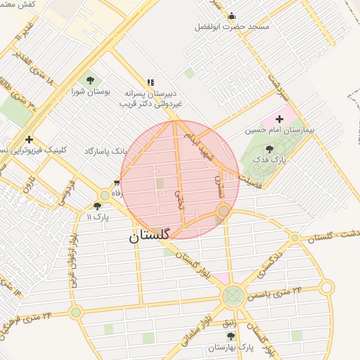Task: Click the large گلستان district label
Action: coord(149,237)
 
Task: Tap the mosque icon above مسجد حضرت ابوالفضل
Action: coord(232,15)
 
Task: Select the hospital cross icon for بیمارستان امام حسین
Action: coord(280,119)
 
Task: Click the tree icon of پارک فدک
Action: coord(269,149)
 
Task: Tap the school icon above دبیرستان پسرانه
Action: coord(150,82)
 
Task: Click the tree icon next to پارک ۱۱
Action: coord(97,206)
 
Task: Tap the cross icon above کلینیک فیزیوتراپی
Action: coord(29,139)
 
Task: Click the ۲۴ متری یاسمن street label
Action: coord(277,291)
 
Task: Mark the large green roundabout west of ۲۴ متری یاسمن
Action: coord(233,296)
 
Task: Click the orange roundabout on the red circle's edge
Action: coord(224,211)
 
